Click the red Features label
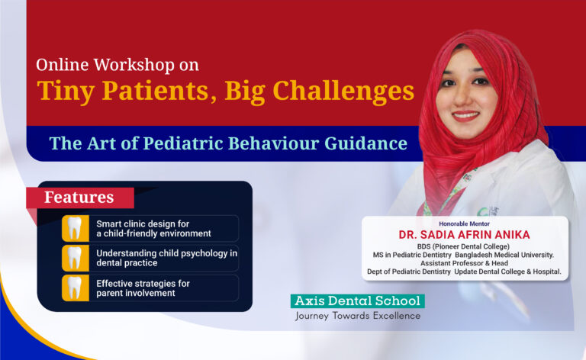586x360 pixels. [x=79, y=198]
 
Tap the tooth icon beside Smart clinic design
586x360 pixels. [x=75, y=228]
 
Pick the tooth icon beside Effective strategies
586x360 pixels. [x=75, y=288]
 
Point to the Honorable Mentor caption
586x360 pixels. [x=465, y=223]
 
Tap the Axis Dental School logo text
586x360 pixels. [x=357, y=301]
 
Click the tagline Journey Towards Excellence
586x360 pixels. [x=357, y=316]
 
